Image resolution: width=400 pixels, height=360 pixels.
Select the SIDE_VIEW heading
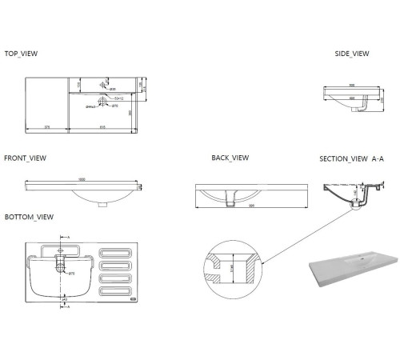(352, 54)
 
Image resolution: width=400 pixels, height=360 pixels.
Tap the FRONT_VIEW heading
(25, 158)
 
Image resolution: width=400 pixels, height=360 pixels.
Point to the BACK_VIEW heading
(230, 158)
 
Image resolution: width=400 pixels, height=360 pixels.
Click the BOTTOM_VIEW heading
(29, 218)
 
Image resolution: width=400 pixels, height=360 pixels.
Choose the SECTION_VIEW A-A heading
(352, 159)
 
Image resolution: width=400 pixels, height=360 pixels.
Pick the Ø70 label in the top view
(115, 106)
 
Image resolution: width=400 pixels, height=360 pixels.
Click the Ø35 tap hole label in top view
(112, 89)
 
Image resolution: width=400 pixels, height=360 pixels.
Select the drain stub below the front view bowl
(102, 203)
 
